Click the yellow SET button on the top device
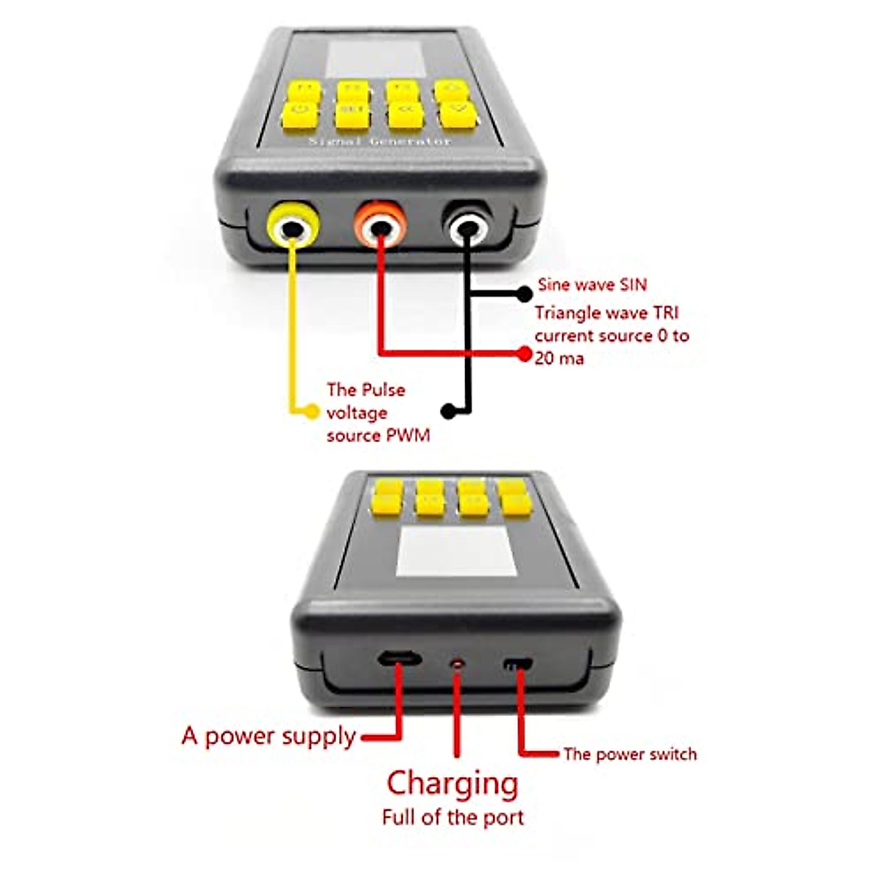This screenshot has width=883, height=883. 353,115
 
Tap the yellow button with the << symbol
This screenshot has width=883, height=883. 404,115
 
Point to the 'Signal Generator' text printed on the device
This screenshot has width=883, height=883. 379,141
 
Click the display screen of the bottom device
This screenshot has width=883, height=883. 456,552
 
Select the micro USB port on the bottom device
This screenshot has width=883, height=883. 400,657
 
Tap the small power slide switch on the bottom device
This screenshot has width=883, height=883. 518,664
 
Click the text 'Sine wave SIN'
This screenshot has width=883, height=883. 592,285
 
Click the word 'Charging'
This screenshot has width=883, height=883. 453,784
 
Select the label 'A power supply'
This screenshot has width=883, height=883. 269,737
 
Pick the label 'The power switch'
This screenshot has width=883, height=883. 630,754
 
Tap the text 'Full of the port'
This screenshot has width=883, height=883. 453,818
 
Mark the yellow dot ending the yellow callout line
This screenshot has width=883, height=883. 313,411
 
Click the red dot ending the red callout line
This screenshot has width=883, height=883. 524,354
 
